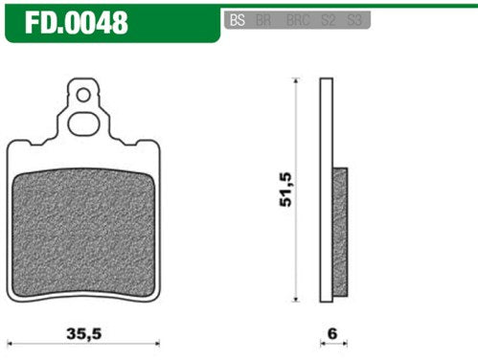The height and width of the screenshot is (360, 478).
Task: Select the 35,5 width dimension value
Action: [83, 334]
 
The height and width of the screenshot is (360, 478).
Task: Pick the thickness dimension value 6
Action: [333, 334]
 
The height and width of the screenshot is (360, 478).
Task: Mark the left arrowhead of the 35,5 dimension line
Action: [11, 342]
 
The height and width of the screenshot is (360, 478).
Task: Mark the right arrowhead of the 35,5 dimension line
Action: [155, 342]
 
